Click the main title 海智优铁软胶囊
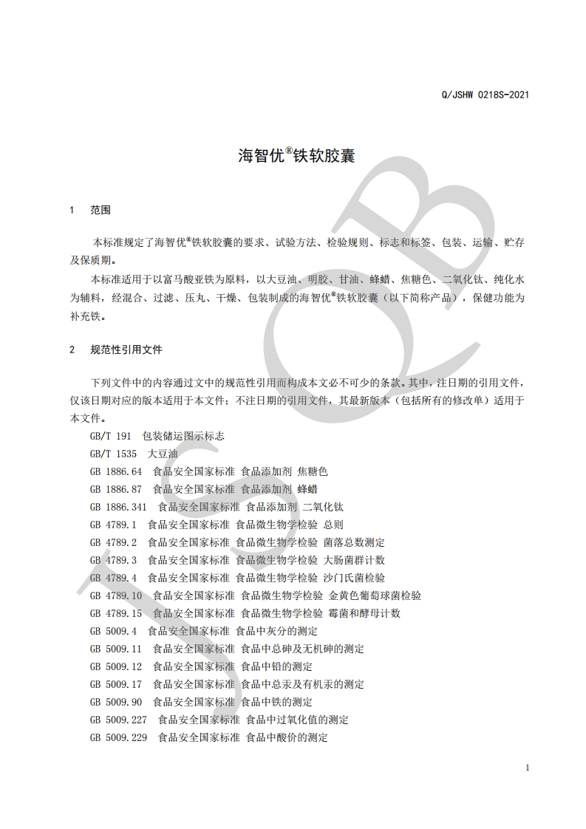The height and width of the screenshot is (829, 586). [x=296, y=157]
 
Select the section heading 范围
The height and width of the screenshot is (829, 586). [x=100, y=211]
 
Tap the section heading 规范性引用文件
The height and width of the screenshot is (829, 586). [x=126, y=349]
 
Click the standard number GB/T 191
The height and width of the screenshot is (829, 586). [x=110, y=436]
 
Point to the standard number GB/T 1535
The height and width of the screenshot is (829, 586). [x=113, y=454]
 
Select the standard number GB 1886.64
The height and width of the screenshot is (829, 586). [x=115, y=471]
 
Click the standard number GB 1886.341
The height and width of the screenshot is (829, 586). [x=118, y=507]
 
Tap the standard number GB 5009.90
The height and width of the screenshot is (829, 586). [x=115, y=702]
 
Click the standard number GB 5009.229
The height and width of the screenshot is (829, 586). [x=118, y=737]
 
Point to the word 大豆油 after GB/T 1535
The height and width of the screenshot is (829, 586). [x=163, y=454]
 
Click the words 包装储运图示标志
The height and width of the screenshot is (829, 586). [x=183, y=436]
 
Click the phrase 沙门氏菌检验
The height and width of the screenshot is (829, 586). [x=354, y=578]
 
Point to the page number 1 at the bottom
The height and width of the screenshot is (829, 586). [x=528, y=768]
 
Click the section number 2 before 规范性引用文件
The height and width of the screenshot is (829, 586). [x=72, y=349]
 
